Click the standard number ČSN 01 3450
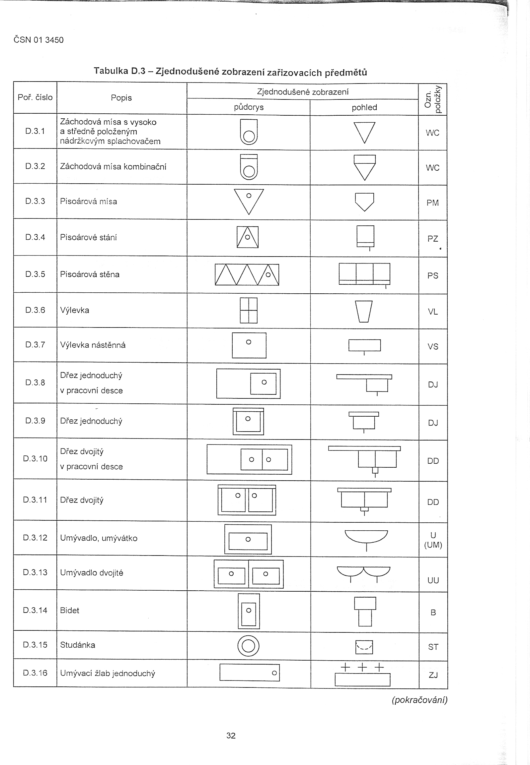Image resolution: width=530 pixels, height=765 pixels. tap(38, 40)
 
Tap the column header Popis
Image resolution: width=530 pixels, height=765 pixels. tap(121, 98)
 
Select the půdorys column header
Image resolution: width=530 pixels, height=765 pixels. tap(249, 107)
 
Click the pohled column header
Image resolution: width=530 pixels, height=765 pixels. tap(364, 107)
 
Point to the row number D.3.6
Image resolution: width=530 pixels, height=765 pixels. tap(35, 310)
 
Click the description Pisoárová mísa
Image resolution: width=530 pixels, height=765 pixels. tap(88, 202)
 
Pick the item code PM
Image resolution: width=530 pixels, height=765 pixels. tap(433, 203)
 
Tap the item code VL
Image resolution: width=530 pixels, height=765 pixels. tap(433, 312)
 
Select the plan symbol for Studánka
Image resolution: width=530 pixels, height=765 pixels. tap(248, 646)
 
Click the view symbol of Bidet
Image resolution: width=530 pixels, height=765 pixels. tap(365, 611)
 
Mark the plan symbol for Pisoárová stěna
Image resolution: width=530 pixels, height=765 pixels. tap(247, 274)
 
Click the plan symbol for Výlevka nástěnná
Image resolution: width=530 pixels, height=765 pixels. tap(249, 345)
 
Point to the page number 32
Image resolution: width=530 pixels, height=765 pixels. tap(231, 736)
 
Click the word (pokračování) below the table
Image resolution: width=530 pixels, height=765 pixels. tap(419, 700)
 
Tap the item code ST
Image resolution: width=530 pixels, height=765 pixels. tap(433, 647)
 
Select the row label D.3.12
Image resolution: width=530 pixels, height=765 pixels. tap(35, 538)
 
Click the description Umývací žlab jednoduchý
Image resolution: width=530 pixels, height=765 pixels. tap(108, 673)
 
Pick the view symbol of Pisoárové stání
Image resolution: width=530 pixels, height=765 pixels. tap(365, 237)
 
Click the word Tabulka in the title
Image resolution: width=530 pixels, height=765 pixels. tap(111, 71)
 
